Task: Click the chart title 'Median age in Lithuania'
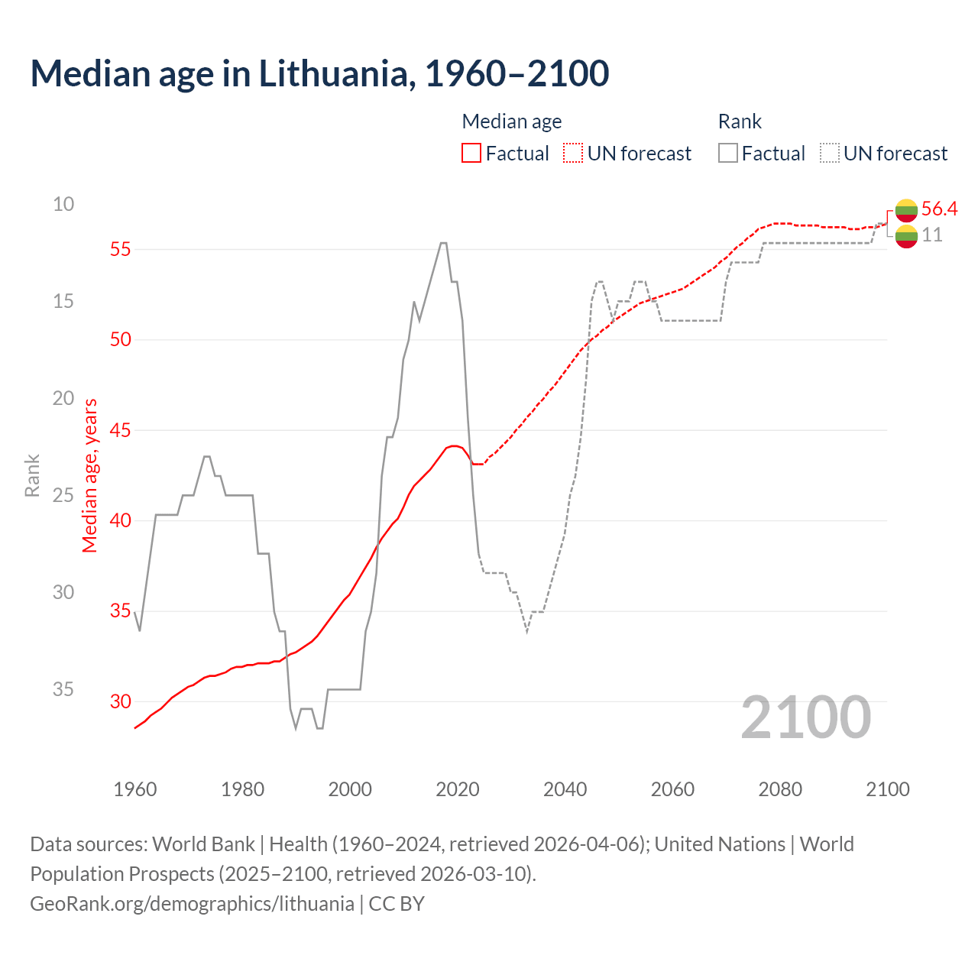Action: click(319, 74)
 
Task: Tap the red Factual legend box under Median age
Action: click(471, 154)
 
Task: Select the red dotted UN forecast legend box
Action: click(573, 154)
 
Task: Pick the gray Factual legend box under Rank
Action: click(728, 154)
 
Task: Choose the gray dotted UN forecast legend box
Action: click(830, 154)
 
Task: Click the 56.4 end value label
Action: click(939, 209)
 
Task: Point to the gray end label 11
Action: click(932, 235)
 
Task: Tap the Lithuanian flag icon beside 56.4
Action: click(906, 209)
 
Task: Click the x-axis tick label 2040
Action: click(565, 789)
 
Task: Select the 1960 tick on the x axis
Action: click(134, 789)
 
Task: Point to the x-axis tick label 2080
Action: click(780, 789)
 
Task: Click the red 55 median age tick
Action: click(121, 249)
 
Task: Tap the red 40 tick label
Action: click(121, 520)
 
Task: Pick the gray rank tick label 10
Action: click(63, 204)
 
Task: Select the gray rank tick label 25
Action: click(63, 495)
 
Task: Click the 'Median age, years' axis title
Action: click(90, 475)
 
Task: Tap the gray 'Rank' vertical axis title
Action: click(32, 475)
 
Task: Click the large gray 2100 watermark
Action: click(805, 717)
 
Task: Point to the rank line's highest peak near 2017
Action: click(443, 243)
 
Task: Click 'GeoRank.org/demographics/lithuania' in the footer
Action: click(192, 904)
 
